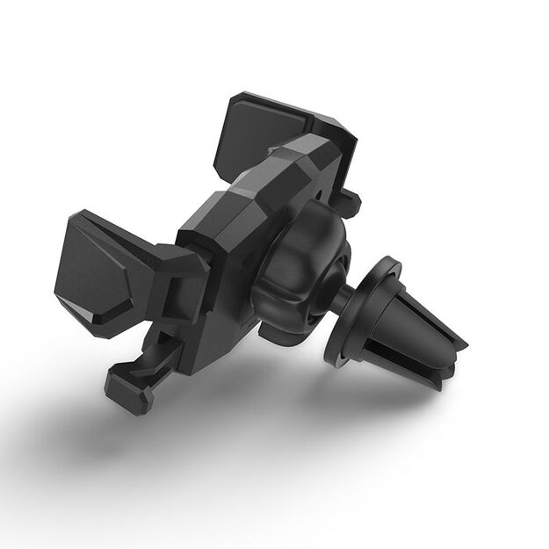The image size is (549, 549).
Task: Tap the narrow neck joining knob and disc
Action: click(x=338, y=299)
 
